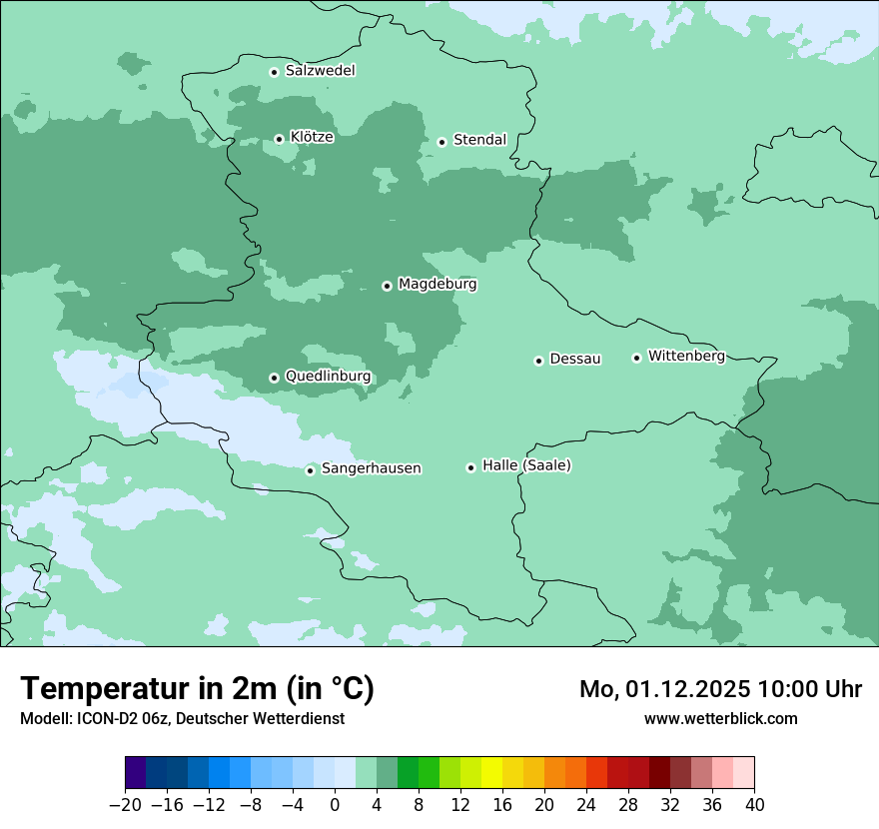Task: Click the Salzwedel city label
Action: pyautogui.click(x=320, y=71)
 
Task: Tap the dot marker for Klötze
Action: pyautogui.click(x=279, y=139)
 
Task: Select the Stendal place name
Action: pyautogui.click(x=479, y=140)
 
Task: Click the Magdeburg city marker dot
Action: pyautogui.click(x=387, y=286)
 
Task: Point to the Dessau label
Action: pyautogui.click(x=575, y=359)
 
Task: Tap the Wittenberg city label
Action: pyautogui.click(x=686, y=356)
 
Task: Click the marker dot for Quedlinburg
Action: pyautogui.click(x=274, y=378)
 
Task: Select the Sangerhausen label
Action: pyautogui.click(x=371, y=468)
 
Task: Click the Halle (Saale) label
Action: pyautogui.click(x=526, y=465)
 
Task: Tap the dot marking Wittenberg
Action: pyautogui.click(x=636, y=358)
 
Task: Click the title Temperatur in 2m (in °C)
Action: pyautogui.click(x=197, y=689)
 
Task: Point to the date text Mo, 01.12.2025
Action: pyautogui.click(x=662, y=689)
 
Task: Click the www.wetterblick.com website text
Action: pyautogui.click(x=720, y=718)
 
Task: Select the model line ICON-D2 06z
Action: pyautogui.click(x=182, y=718)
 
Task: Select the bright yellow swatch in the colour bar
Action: pyautogui.click(x=491, y=773)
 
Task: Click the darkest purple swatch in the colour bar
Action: pyautogui.click(x=135, y=773)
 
